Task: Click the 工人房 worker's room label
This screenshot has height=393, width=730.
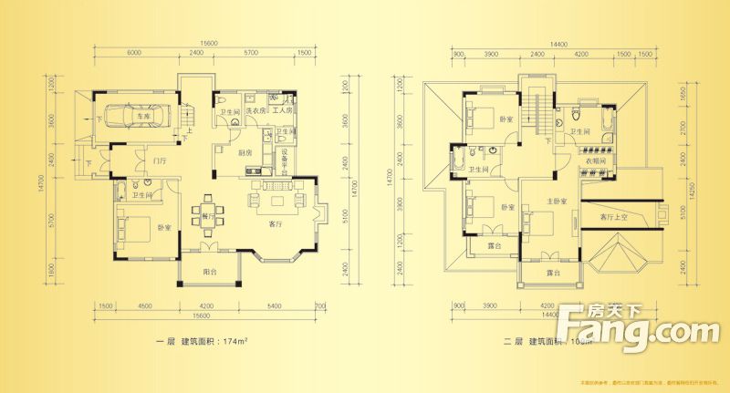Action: (283, 110)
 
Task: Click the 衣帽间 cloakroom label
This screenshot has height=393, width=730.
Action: (596, 160)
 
